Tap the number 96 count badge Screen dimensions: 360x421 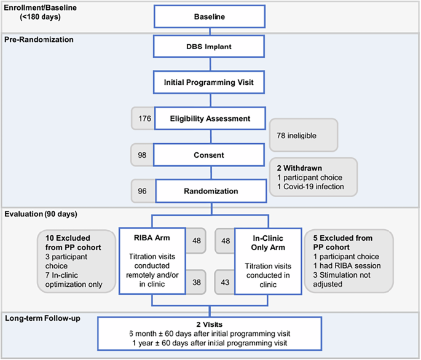[x=142, y=191]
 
